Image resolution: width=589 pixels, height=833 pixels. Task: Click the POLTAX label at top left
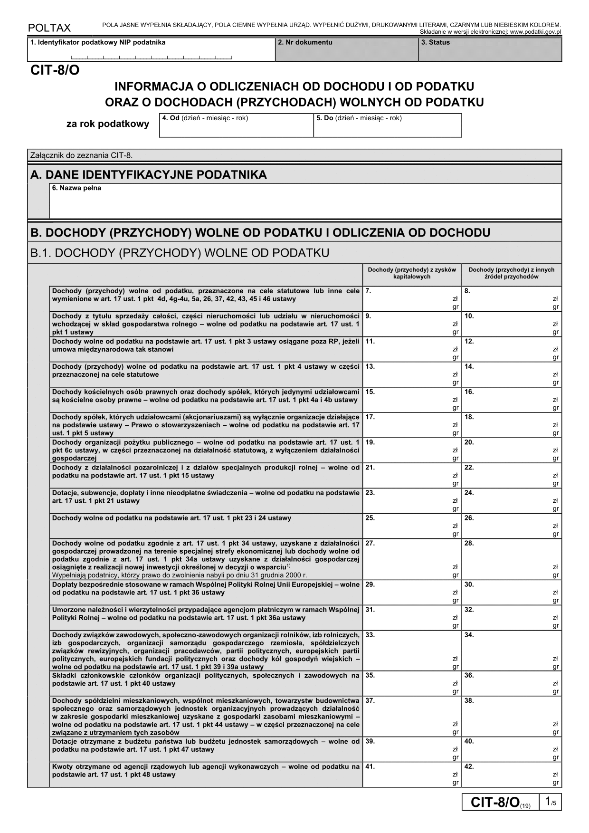pyautogui.click(x=49, y=28)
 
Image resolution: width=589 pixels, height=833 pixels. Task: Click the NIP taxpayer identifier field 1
pyautogui.click(x=151, y=50)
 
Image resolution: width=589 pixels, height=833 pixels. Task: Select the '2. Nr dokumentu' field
pyautogui.click(x=346, y=50)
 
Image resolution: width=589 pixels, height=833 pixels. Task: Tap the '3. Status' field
pyautogui.click(x=490, y=50)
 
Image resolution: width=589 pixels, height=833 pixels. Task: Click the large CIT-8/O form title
pyautogui.click(x=55, y=71)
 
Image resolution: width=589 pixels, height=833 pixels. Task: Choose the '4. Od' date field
pyautogui.click(x=236, y=125)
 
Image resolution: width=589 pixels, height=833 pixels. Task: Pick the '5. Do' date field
pyautogui.click(x=387, y=125)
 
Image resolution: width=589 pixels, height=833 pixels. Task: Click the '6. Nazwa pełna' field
pyautogui.click(x=305, y=201)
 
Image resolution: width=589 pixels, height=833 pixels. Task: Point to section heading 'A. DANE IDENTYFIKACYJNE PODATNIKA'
pyautogui.click(x=149, y=175)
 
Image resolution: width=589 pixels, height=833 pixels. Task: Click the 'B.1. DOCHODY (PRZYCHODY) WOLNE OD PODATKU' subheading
pyautogui.click(x=180, y=253)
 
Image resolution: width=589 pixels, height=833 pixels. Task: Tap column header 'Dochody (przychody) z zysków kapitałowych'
pyautogui.click(x=412, y=273)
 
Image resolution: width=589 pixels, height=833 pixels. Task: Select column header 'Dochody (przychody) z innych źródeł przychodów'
pyautogui.click(x=512, y=273)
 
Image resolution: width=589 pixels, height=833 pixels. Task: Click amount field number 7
pyautogui.click(x=411, y=299)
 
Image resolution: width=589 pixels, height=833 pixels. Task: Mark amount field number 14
pyautogui.click(x=512, y=374)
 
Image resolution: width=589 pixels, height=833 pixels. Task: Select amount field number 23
pyautogui.click(x=411, y=500)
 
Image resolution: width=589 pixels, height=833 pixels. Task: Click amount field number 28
pyautogui.click(x=512, y=559)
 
